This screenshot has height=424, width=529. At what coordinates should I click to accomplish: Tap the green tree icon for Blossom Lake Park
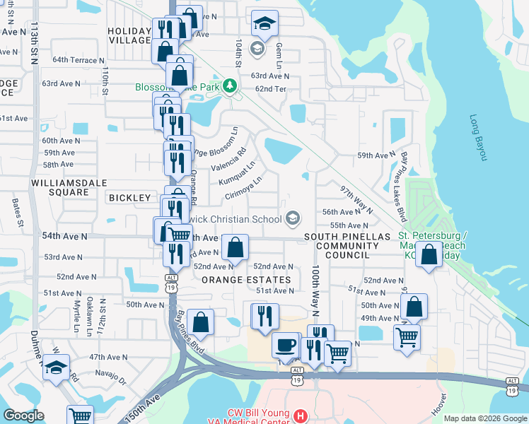coord(229,86)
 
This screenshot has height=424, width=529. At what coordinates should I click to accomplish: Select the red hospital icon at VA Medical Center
coord(300,413)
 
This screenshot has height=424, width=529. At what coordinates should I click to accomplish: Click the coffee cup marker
coord(286,345)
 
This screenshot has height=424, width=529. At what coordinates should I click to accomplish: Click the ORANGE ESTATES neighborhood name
coord(247,280)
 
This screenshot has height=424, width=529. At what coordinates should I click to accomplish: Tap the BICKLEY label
coord(130,198)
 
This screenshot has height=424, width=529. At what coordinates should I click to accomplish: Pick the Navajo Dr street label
coord(112,380)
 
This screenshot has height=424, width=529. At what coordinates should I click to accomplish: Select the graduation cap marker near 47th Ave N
coord(57,367)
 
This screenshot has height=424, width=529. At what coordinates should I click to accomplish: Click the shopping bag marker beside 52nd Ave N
coord(235,247)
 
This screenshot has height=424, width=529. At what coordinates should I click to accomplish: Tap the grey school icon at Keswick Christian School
coord(293,218)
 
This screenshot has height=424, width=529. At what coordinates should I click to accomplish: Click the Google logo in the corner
coord(24,416)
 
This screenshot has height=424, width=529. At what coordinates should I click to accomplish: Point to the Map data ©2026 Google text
coord(484,418)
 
